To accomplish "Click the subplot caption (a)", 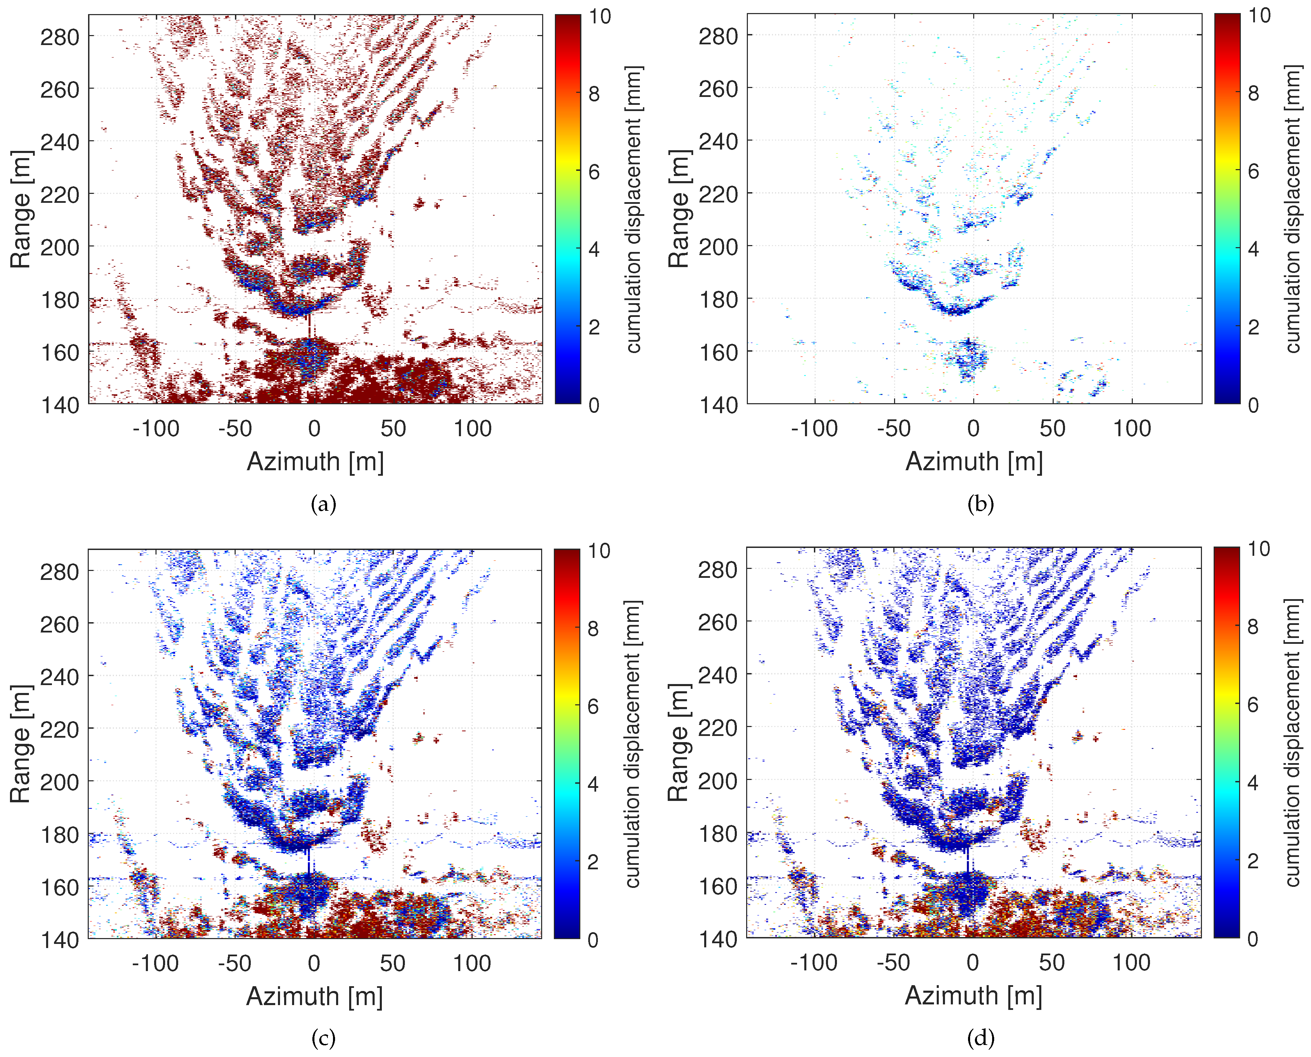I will click(323, 504).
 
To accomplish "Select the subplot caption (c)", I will click(323, 1038).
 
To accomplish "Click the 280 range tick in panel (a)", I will click(60, 37).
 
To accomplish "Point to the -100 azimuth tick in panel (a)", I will click(156, 429).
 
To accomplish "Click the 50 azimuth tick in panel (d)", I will click(1052, 962).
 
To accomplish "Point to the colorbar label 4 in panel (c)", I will click(593, 784).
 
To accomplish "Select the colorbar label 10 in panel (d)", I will click(1259, 549).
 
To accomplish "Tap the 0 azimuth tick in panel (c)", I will click(314, 963).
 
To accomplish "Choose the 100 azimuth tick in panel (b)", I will click(1132, 429).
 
